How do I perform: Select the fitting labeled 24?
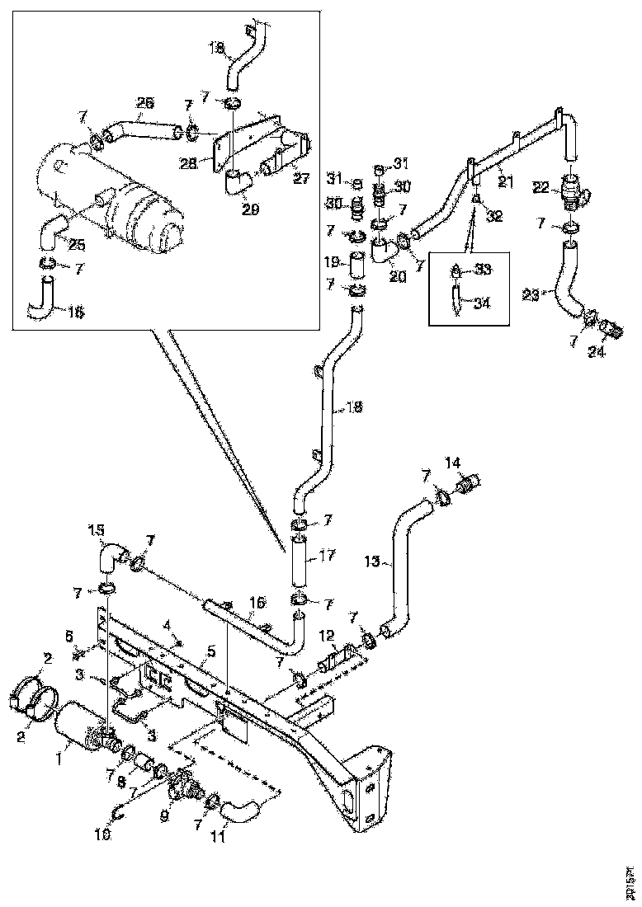[611, 330]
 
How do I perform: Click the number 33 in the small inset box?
[483, 270]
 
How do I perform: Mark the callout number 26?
[144, 103]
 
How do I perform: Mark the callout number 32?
[494, 216]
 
